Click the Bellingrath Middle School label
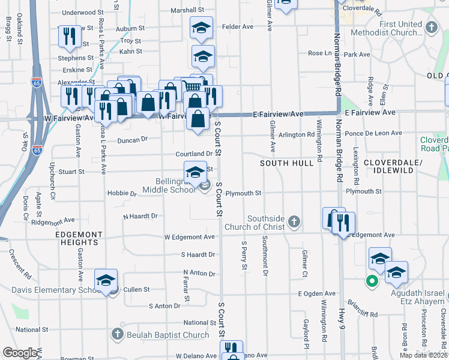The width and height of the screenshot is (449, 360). coord(169,185)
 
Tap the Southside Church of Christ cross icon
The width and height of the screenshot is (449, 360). coord(294,222)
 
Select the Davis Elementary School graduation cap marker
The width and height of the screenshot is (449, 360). coord(106,280)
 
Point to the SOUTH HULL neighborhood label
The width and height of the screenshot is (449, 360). coord(286,163)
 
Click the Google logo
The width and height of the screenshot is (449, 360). coord(20,353)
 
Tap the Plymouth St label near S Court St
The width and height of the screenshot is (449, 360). coord(244,193)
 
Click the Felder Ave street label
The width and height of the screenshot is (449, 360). coord(238,27)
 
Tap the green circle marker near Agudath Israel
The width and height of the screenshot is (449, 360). coord(372,280)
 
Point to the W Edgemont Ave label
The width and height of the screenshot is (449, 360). coord(190,237)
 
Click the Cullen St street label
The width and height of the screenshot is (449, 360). coord(137,289)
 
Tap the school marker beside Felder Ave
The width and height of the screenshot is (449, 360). coord(202,27)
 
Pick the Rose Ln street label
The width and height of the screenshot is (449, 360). coord(320,53)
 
